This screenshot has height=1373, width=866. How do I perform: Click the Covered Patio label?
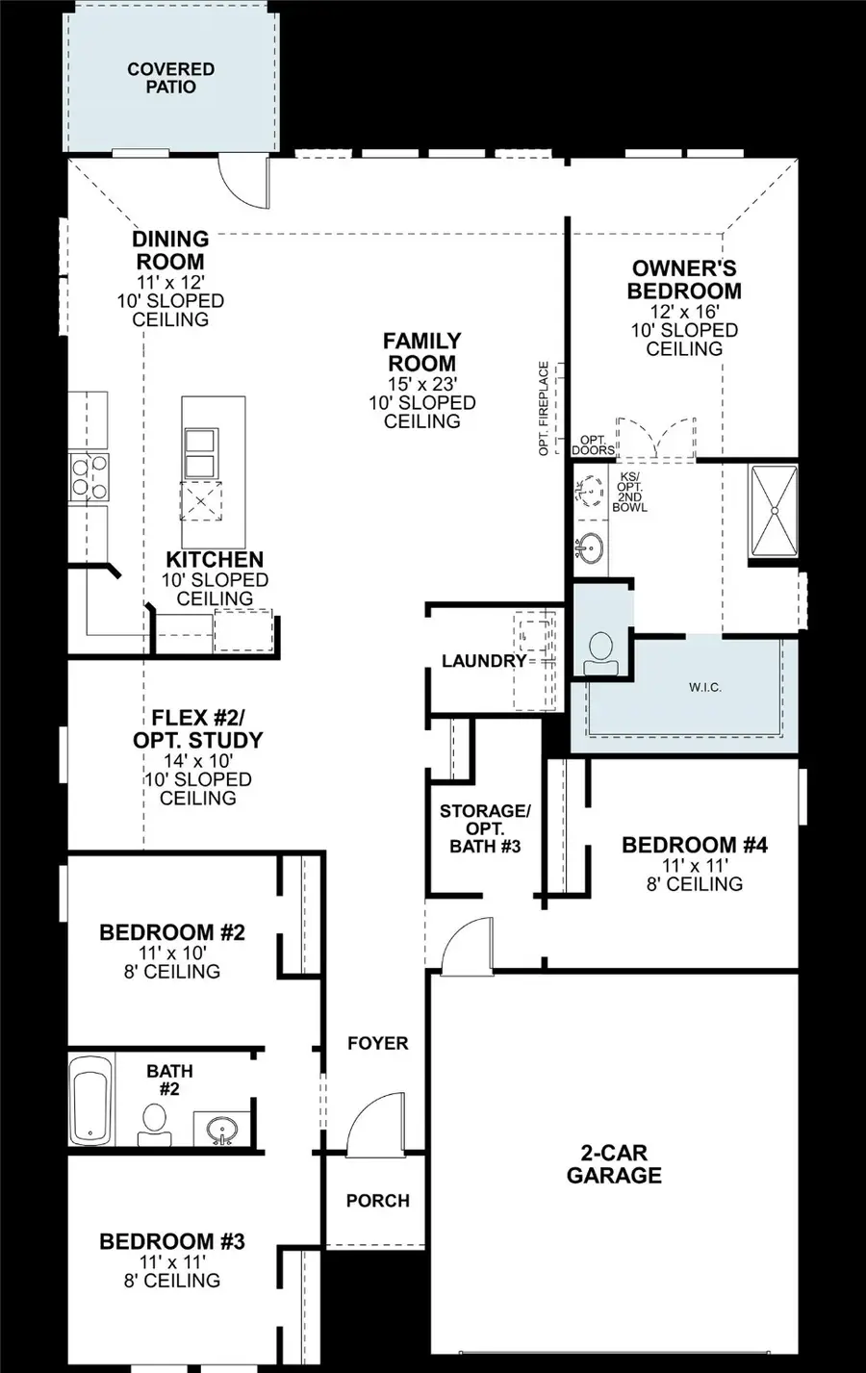170,78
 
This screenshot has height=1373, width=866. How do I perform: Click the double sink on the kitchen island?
200,453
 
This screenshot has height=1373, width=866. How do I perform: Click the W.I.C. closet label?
704,687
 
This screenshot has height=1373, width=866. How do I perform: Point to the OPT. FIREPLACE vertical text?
544,408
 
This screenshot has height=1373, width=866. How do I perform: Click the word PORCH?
377,1201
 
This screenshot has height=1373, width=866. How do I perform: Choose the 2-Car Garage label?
614,1163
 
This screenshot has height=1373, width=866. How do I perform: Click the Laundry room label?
483,661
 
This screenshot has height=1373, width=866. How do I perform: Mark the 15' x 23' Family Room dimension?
421,384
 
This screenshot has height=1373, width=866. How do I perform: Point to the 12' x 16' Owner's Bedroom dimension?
684,312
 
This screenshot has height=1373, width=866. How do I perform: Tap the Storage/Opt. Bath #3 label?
485,828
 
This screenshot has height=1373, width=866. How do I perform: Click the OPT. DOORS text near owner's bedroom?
593,445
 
